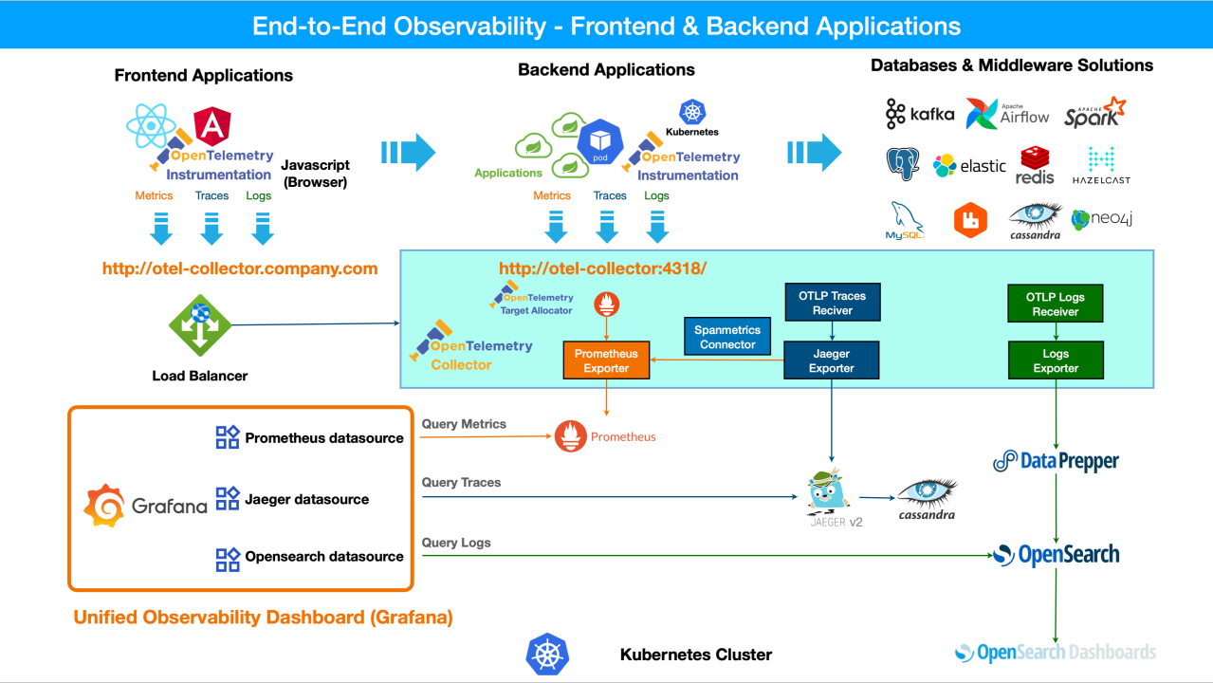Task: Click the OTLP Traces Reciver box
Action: point(832,304)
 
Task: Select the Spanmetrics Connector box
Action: point(727,337)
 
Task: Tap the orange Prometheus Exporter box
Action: point(606,360)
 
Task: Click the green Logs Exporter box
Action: point(1056,360)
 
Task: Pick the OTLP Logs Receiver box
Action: point(1056,304)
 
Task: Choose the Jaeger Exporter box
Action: point(832,360)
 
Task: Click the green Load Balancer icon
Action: point(200,325)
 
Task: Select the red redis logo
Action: point(1035,165)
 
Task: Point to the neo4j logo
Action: point(1102,219)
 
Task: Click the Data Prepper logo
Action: point(1056,461)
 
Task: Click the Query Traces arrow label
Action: point(461,482)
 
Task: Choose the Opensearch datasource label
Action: point(323,557)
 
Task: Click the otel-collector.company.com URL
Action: point(240,268)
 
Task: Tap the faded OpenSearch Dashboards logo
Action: point(1056,653)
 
